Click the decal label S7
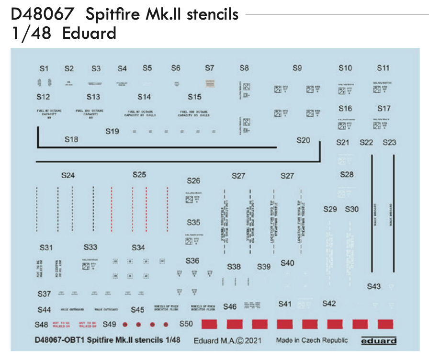(x=209, y=68)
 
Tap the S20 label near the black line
(x=303, y=141)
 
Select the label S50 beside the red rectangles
(x=186, y=324)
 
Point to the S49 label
(x=109, y=324)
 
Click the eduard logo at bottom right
(x=378, y=341)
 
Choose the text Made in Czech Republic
(x=312, y=340)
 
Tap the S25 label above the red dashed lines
(x=139, y=175)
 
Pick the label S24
(x=68, y=176)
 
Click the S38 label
(x=234, y=267)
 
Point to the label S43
(x=373, y=286)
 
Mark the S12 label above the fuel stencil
(x=43, y=97)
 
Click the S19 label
(x=112, y=131)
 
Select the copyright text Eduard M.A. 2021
(x=227, y=341)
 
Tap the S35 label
(x=193, y=223)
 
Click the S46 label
(x=229, y=306)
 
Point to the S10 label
(x=345, y=68)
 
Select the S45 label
(x=137, y=310)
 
